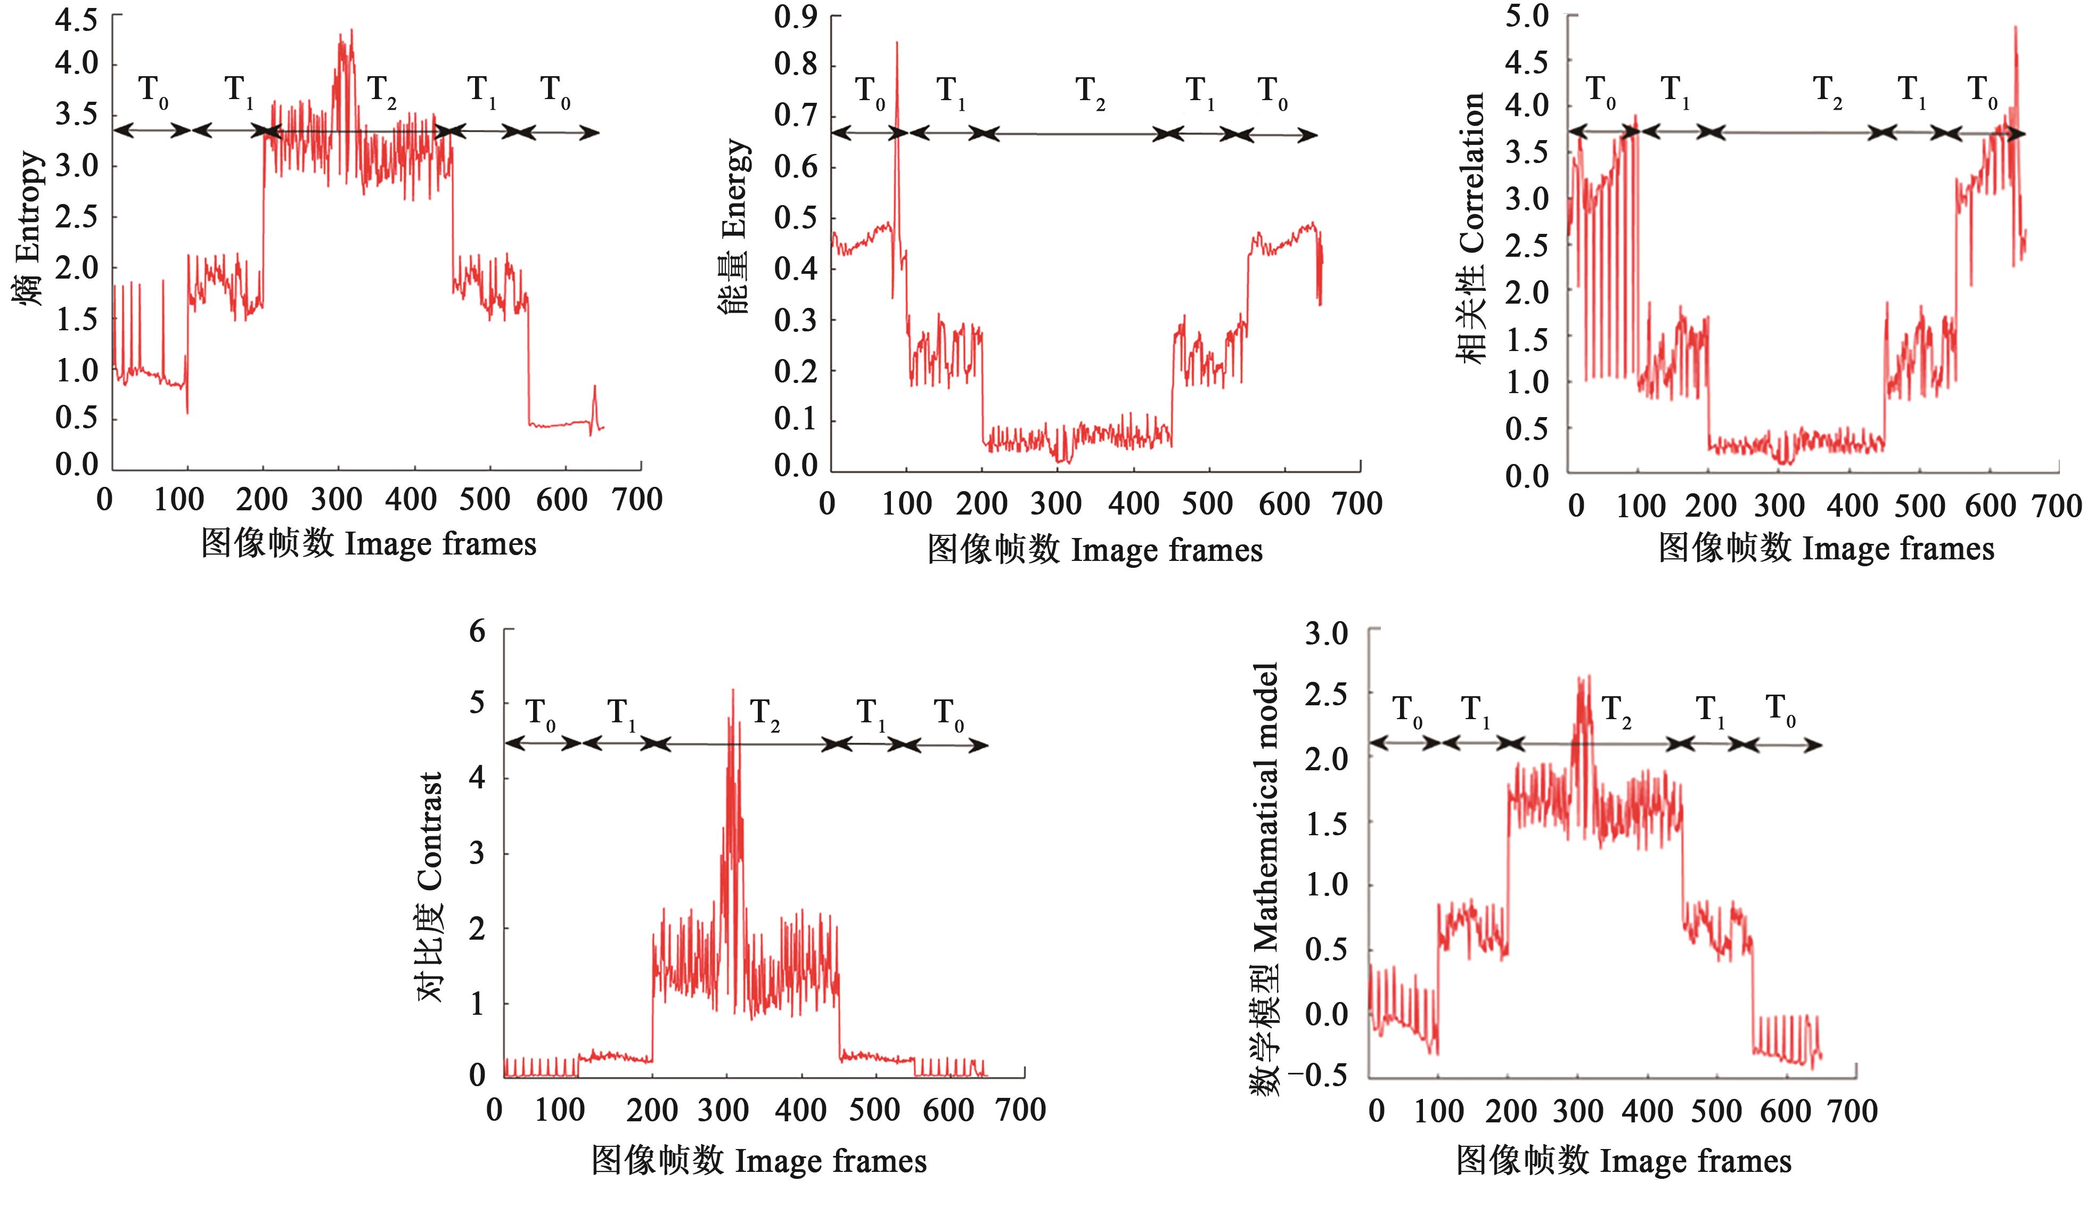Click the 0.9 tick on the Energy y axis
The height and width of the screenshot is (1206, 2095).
coord(795,17)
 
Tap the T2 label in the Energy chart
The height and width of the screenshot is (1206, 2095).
coord(1090,92)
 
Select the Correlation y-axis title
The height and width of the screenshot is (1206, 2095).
coord(1471,228)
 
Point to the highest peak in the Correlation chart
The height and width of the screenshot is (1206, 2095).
coord(2015,27)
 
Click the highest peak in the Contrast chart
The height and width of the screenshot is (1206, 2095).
coord(732,690)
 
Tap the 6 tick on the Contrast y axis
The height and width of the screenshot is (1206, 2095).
coord(477,632)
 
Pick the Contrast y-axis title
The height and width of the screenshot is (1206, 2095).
coord(431,886)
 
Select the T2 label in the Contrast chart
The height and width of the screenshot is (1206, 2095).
coord(764,714)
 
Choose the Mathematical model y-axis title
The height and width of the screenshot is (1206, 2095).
coord(1264,878)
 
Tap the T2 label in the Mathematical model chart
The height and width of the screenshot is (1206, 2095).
coord(1616,711)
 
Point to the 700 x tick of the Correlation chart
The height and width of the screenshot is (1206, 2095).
coord(2057,506)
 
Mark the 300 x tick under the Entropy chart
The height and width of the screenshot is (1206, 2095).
coord(336,500)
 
